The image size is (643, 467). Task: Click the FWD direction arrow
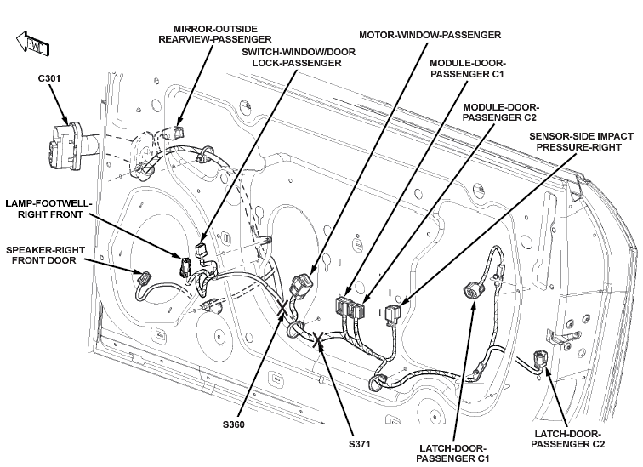pyautogui.click(x=33, y=43)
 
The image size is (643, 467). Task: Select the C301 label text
pyautogui.click(x=49, y=78)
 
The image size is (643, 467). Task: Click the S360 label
pyautogui.click(x=234, y=424)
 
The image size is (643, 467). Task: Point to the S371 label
pyautogui.click(x=359, y=444)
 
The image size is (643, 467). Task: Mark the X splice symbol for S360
pyautogui.click(x=282, y=308)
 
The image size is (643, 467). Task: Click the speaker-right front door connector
pyautogui.click(x=144, y=277)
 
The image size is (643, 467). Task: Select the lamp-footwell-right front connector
pyautogui.click(x=185, y=267)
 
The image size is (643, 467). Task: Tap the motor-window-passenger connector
pyautogui.click(x=300, y=286)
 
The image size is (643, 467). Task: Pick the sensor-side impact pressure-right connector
pyautogui.click(x=393, y=313)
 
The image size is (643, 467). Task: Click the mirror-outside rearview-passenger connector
pyautogui.click(x=176, y=132)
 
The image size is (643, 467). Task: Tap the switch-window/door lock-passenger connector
pyautogui.click(x=201, y=249)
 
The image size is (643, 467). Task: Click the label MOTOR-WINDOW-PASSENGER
pyautogui.click(x=430, y=35)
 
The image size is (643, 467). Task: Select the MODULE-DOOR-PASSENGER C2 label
pyautogui.click(x=501, y=112)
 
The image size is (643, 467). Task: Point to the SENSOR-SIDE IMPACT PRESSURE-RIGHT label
pyautogui.click(x=581, y=141)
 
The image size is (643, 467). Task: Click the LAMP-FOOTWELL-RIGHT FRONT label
pyautogui.click(x=48, y=208)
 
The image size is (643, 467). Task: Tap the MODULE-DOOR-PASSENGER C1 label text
pyautogui.click(x=468, y=68)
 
